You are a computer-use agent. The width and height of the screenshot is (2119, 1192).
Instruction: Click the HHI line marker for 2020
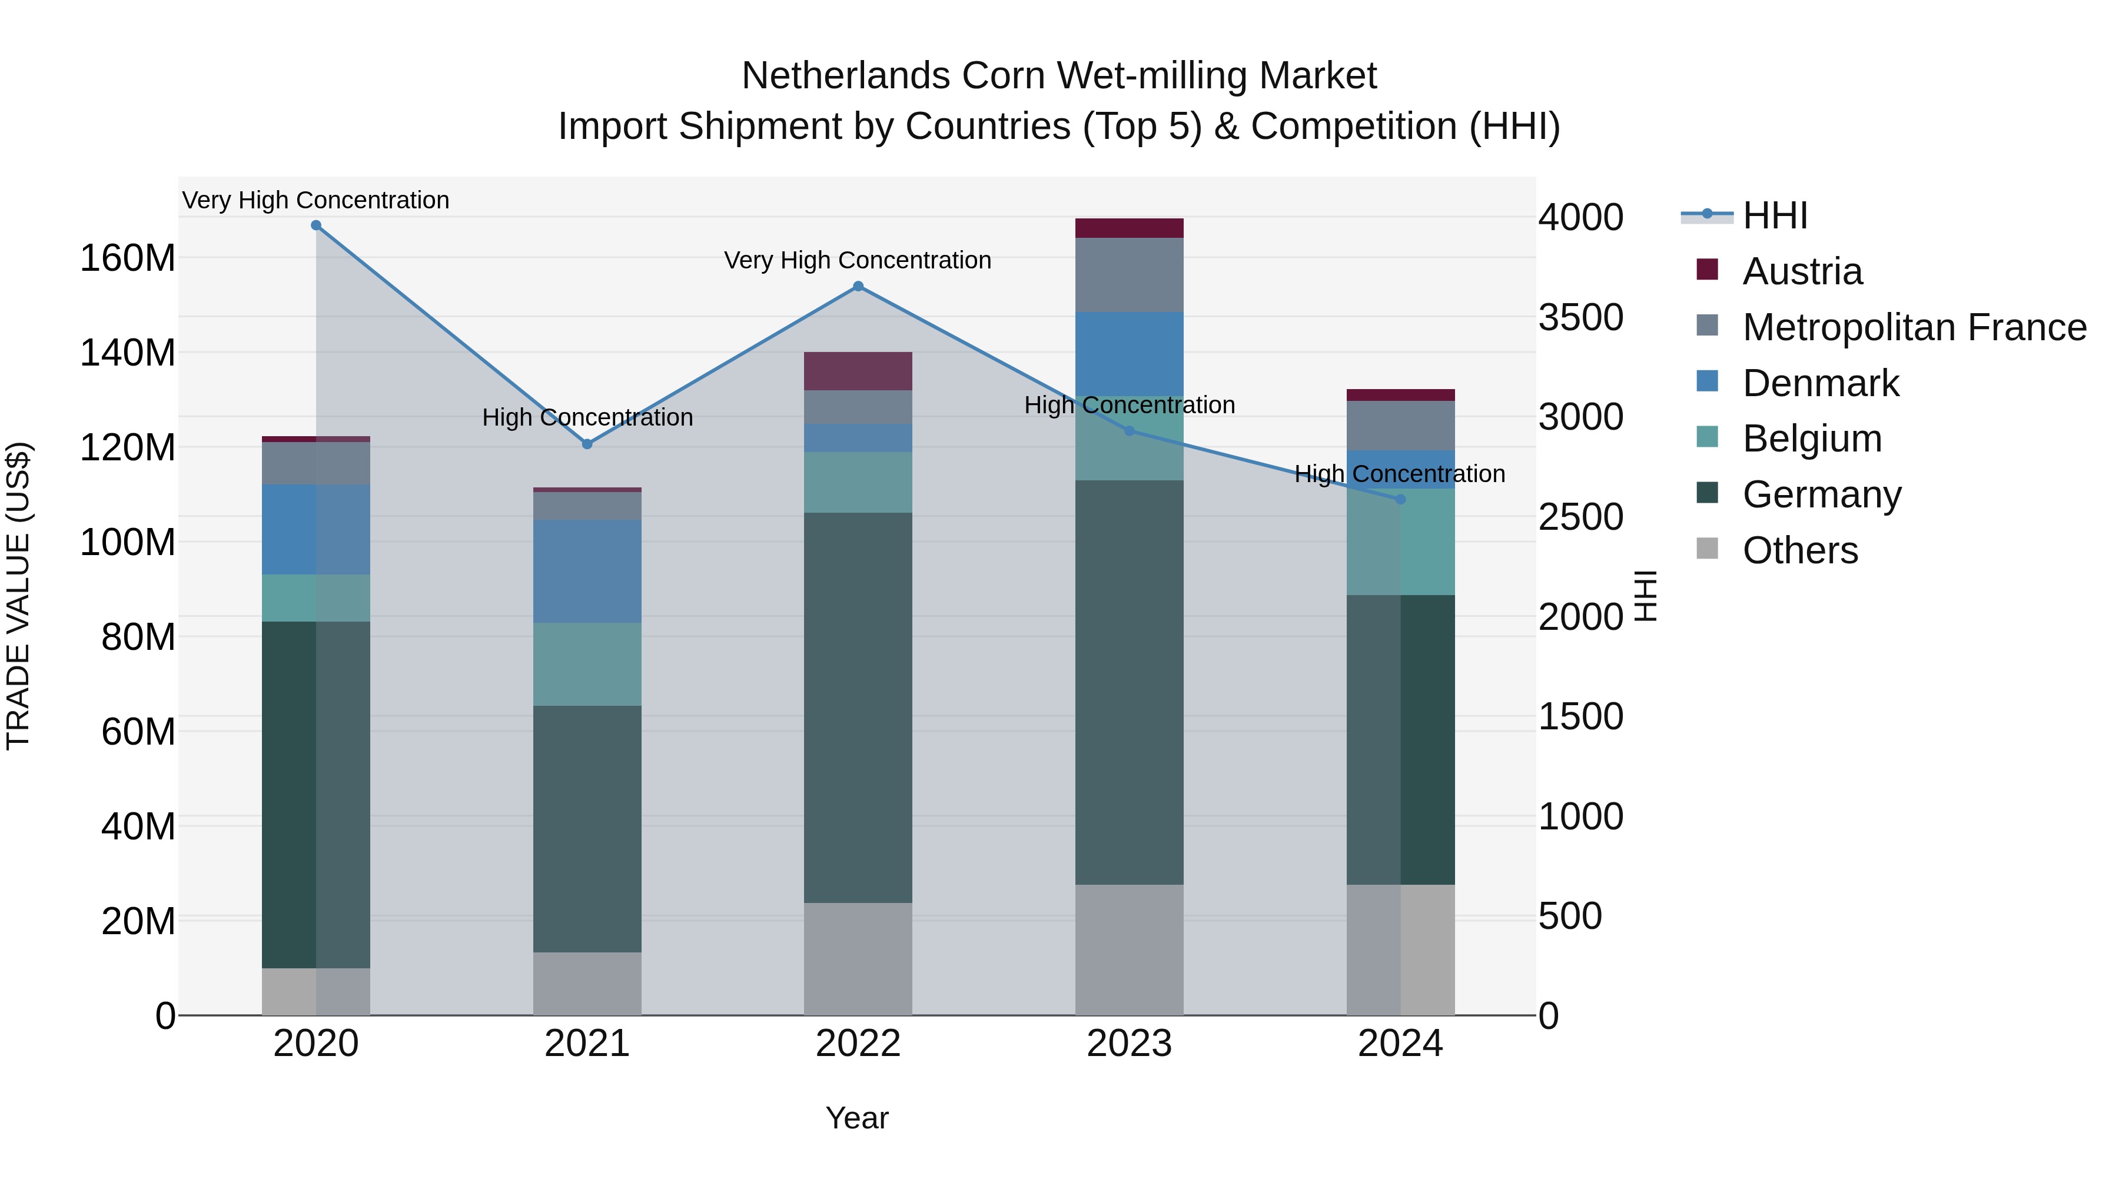pyautogui.click(x=316, y=225)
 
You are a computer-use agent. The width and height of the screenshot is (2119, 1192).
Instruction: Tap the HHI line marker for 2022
pyautogui.click(x=858, y=286)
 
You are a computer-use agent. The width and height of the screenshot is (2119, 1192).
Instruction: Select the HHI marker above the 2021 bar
pyautogui.click(x=587, y=444)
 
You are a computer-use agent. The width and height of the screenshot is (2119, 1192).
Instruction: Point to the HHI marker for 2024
pyautogui.click(x=1401, y=499)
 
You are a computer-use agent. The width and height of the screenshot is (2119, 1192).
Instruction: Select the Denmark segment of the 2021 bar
pyautogui.click(x=587, y=571)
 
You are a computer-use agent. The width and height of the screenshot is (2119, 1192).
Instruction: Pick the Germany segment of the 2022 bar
pyautogui.click(x=858, y=708)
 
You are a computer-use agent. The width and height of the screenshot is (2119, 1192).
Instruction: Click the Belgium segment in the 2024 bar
pyautogui.click(x=1401, y=542)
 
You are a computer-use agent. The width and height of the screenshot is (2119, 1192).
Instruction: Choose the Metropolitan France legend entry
pyautogui.click(x=1914, y=327)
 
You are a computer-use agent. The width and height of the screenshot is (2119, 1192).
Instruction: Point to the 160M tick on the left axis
pyautogui.click(x=128, y=258)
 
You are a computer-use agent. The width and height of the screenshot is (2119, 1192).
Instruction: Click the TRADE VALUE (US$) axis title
pyautogui.click(x=18, y=596)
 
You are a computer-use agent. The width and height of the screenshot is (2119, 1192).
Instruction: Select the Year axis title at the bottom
pyautogui.click(x=856, y=1118)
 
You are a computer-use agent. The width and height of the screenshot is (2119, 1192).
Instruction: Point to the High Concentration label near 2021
pyautogui.click(x=587, y=417)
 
